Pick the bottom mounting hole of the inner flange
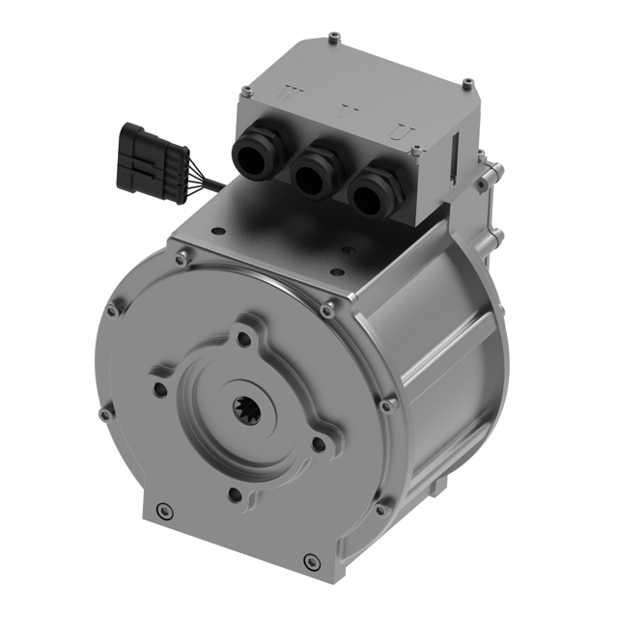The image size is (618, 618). [234, 495]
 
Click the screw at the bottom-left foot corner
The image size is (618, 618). [164, 509]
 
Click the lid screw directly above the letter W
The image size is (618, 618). [247, 92]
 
